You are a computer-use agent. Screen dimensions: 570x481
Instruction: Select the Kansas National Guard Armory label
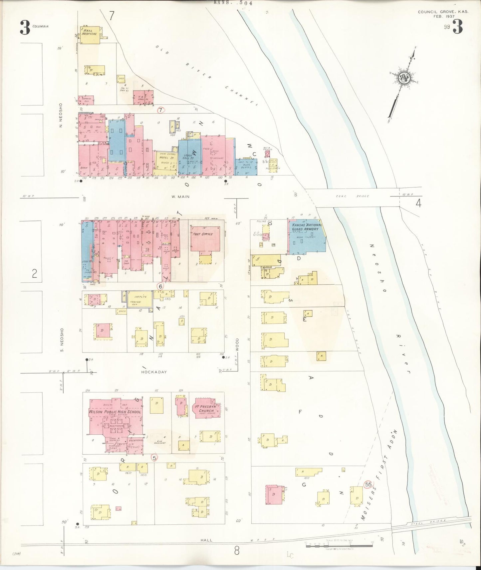pos(306,227)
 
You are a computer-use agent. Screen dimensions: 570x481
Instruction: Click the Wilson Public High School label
pos(115,412)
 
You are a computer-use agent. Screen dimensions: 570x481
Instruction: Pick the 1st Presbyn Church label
pos(206,408)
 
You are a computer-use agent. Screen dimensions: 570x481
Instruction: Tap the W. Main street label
pos(180,197)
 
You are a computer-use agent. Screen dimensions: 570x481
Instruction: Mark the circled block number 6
pos(160,286)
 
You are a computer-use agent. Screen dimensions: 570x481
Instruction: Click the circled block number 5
pos(154,458)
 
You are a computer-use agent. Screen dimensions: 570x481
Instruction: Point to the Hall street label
pos(207,541)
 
